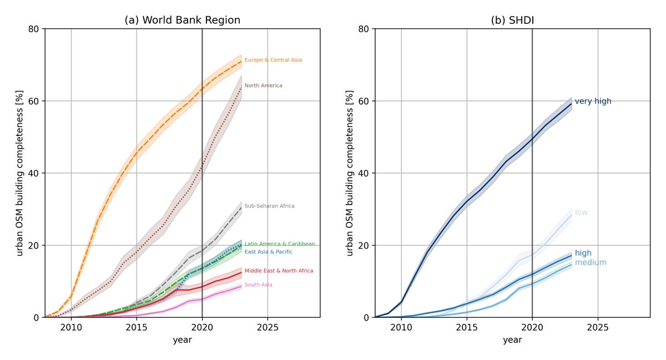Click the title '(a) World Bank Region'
[182, 21]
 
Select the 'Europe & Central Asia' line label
[273, 60]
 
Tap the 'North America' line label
[263, 85]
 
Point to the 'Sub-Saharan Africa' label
[269, 206]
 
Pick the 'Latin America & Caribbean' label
[279, 244]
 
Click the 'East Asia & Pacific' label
[269, 252]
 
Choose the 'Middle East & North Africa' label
[279, 271]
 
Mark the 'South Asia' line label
[258, 285]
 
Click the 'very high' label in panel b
[593, 102]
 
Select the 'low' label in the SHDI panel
[581, 212]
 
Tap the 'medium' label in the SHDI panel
[590, 262]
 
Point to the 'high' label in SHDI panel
[583, 253]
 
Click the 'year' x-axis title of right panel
[512, 340]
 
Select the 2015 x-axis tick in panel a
[137, 327]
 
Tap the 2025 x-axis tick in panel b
[597, 327]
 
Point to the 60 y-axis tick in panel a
[34, 101]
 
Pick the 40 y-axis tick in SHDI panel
[365, 173]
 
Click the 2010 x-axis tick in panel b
[401, 327]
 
